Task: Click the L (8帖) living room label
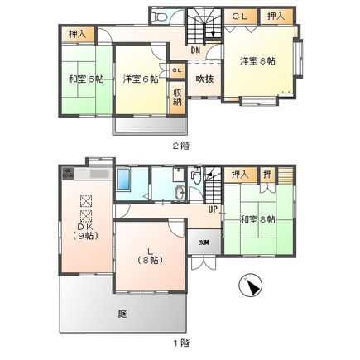pos(150,253)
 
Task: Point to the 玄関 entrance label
pos(204,242)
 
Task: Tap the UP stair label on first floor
pos(214,209)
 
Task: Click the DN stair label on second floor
pos(195,50)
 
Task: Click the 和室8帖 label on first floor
pos(257,219)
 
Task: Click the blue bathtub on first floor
pos(124,180)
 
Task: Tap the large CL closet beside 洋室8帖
pos(240,16)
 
